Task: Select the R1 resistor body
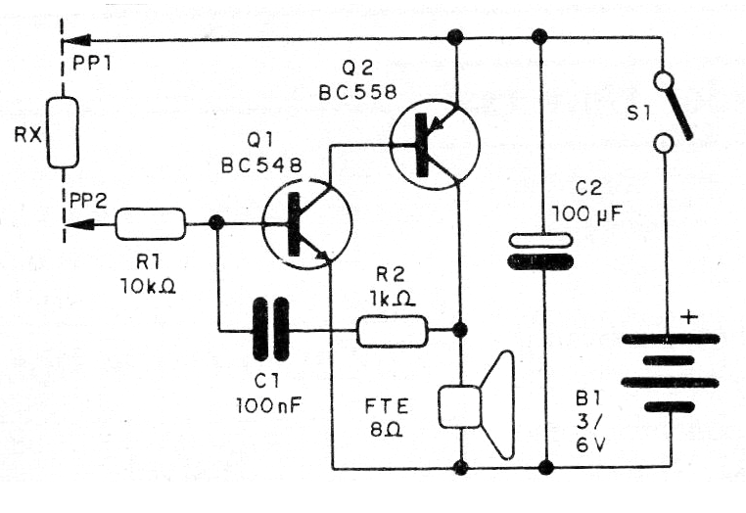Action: [x=150, y=224]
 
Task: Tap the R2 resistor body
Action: [x=392, y=331]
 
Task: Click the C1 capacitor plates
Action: [x=270, y=331]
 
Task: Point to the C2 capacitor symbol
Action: [x=539, y=251]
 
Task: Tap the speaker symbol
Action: [x=478, y=404]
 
